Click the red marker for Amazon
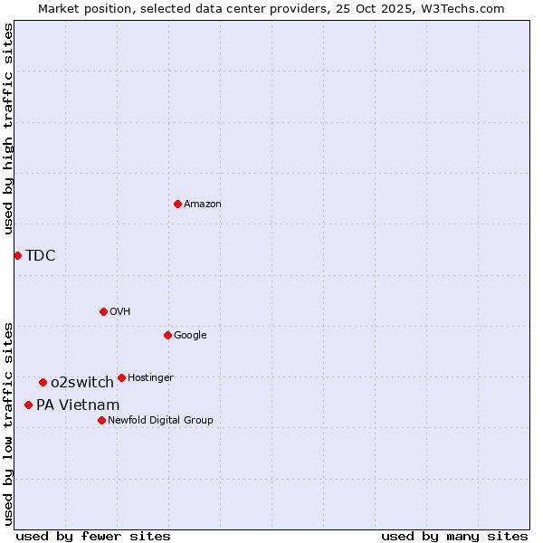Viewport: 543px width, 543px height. (x=177, y=204)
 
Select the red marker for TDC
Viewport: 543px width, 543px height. (x=17, y=255)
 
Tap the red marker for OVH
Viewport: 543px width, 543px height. (x=103, y=311)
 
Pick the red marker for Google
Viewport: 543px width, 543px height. (x=167, y=335)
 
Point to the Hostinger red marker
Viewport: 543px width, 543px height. (x=121, y=377)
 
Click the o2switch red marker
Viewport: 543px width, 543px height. (x=43, y=382)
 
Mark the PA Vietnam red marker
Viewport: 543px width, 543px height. (x=28, y=405)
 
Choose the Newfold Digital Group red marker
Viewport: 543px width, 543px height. (x=101, y=420)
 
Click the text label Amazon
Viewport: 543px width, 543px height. (x=203, y=205)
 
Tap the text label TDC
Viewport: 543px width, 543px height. (x=41, y=255)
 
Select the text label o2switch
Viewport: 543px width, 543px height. (x=82, y=382)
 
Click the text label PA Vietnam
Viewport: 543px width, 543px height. (x=78, y=405)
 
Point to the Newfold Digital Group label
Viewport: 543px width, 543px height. (x=160, y=420)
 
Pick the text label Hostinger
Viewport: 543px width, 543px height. (x=150, y=377)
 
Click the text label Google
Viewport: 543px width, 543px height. (x=190, y=335)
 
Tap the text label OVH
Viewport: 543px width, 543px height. (x=120, y=311)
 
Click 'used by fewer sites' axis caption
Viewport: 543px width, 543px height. (x=93, y=536)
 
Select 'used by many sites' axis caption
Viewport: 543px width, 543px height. (x=454, y=536)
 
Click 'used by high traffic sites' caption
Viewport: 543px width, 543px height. (x=9, y=129)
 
